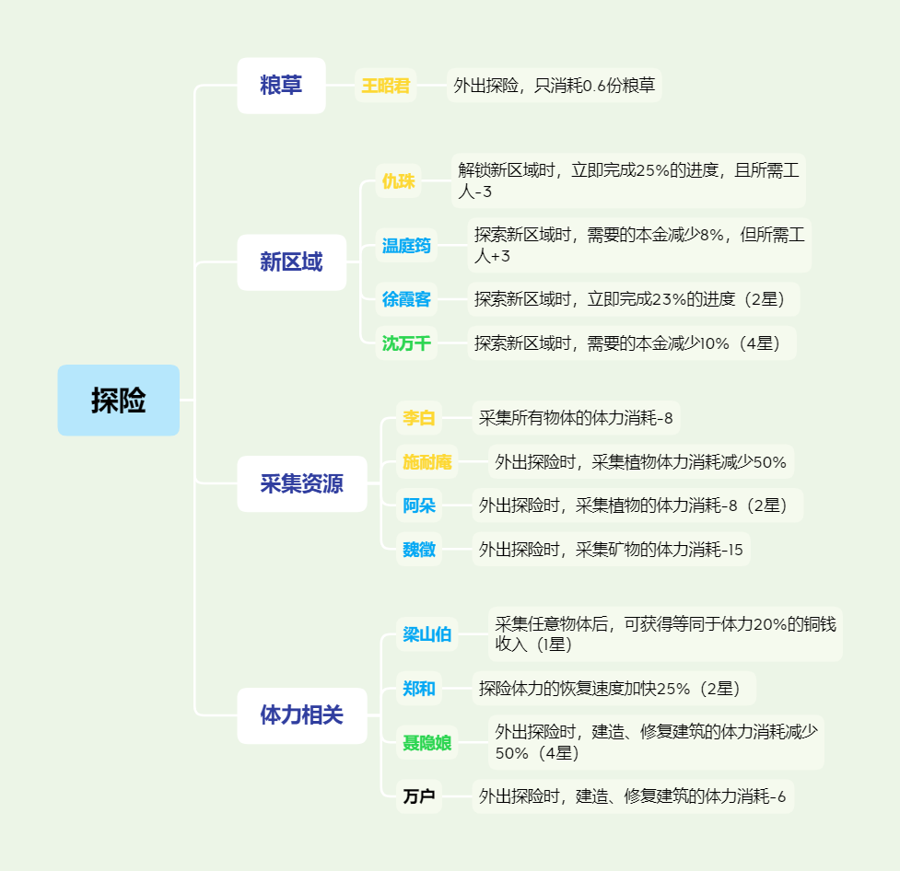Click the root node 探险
118,400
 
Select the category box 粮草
281,86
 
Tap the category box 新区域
292,262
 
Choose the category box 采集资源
302,483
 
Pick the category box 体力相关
302,715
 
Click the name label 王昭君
386,86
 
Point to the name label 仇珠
398,180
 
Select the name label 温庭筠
406,246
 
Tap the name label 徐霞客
406,299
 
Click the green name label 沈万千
406,343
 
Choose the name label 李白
419,418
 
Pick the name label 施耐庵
427,462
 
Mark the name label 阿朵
419,505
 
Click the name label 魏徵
419,549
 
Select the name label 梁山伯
427,634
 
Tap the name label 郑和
419,688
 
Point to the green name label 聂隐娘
427,742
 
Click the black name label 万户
419,796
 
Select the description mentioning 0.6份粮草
554,86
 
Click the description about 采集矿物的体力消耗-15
611,549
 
